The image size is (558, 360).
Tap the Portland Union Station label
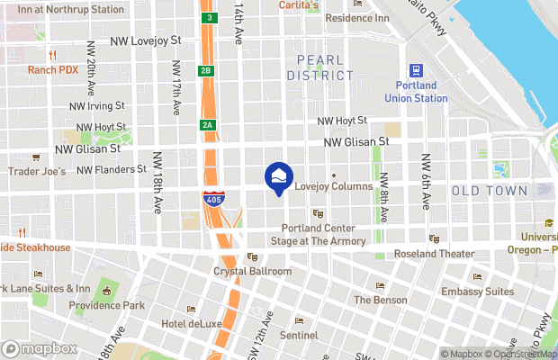[x=416, y=91]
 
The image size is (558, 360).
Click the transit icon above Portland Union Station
[x=416, y=70]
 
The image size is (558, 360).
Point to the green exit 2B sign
[x=206, y=70]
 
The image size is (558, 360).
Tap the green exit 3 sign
[x=209, y=17]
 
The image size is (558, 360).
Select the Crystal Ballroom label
[x=252, y=271]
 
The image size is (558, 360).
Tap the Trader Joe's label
[x=36, y=171]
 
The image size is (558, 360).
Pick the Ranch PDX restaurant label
[x=52, y=69]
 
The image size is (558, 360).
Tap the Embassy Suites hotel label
[x=477, y=292]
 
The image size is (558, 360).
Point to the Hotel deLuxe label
[x=191, y=323]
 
